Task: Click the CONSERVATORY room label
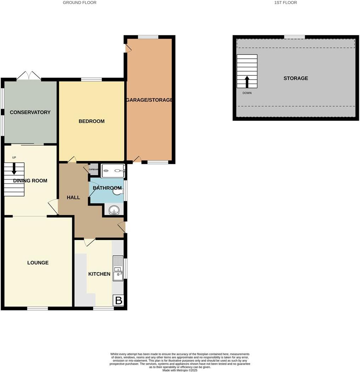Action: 30,112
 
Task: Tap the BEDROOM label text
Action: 91,121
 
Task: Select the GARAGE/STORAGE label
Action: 149,100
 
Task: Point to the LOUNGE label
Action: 38,263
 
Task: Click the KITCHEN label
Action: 99,274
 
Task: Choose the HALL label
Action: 73,198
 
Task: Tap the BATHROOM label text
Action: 107,188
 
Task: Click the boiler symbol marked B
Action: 119,301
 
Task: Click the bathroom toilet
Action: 118,191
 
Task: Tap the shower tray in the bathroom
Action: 113,171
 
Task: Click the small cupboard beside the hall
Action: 93,169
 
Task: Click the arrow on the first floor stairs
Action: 247,82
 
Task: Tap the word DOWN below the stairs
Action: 247,93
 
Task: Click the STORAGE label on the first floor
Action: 296,78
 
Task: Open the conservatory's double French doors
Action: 29,76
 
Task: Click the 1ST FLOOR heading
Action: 285,2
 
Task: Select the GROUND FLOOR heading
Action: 80,2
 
